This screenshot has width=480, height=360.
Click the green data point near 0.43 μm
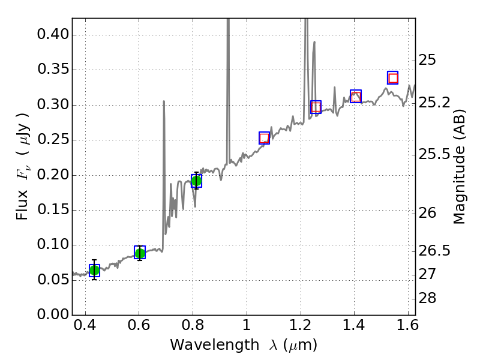94,271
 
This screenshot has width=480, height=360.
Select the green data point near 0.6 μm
140,253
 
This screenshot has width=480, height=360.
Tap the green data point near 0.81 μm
196,181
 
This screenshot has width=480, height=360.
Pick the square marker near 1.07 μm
265,138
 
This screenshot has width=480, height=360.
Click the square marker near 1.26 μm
316,107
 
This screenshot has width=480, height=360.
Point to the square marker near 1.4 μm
356,96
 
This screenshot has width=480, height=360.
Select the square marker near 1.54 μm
393,77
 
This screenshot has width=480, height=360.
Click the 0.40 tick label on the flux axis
53,35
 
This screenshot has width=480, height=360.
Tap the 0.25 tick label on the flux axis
53,140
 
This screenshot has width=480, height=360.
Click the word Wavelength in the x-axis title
204,345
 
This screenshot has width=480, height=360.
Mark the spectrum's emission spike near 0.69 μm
164,103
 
